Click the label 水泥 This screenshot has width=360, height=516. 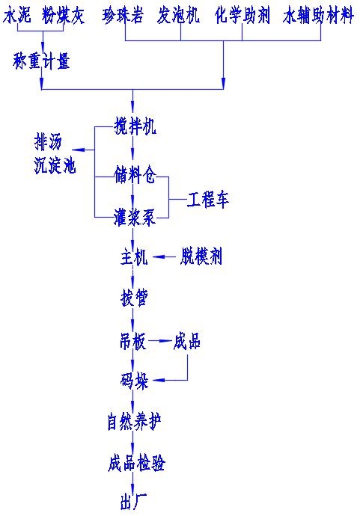17,15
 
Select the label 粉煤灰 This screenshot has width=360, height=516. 65,15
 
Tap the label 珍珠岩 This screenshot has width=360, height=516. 124,15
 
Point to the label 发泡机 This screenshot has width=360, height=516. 179,15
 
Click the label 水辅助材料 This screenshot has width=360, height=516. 317,15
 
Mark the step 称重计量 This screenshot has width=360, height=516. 41,62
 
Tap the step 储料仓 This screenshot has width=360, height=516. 135,176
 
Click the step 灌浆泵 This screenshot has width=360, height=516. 135,218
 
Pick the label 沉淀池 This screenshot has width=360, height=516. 55,166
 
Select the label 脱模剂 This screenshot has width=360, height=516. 201,258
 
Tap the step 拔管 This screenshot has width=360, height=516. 134,299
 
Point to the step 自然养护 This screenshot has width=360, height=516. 134,423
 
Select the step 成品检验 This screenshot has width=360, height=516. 135,464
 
